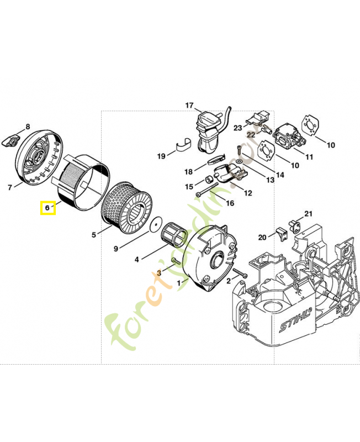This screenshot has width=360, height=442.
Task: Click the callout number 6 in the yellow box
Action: click(47, 208)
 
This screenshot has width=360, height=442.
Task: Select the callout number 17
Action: click(189, 106)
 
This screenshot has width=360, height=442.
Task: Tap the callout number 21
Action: click(308, 214)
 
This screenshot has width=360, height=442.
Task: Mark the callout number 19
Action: click(161, 156)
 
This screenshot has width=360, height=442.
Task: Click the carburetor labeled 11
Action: click(289, 138)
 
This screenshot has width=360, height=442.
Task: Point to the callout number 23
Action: click(237, 128)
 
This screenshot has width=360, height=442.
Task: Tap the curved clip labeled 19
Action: click(186, 144)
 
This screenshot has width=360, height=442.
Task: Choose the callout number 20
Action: click(262, 237)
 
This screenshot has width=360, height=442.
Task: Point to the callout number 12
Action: click(248, 193)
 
